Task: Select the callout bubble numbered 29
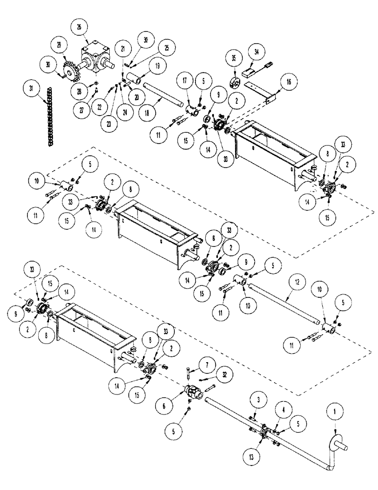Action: click(60, 45)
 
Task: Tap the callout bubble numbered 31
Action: click(31, 89)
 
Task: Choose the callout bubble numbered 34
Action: click(255, 50)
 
